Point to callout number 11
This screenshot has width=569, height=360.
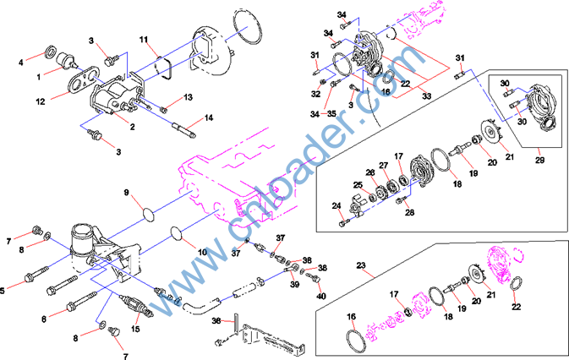pos(144,40)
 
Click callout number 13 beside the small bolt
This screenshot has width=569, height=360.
pos(188,97)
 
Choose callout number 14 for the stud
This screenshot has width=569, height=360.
pos(208,117)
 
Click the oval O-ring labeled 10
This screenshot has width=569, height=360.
pos(176,231)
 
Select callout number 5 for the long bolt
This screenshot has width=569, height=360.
pos(5,291)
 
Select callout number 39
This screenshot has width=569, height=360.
pos(294,286)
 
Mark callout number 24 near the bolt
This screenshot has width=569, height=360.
pos(336,206)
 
